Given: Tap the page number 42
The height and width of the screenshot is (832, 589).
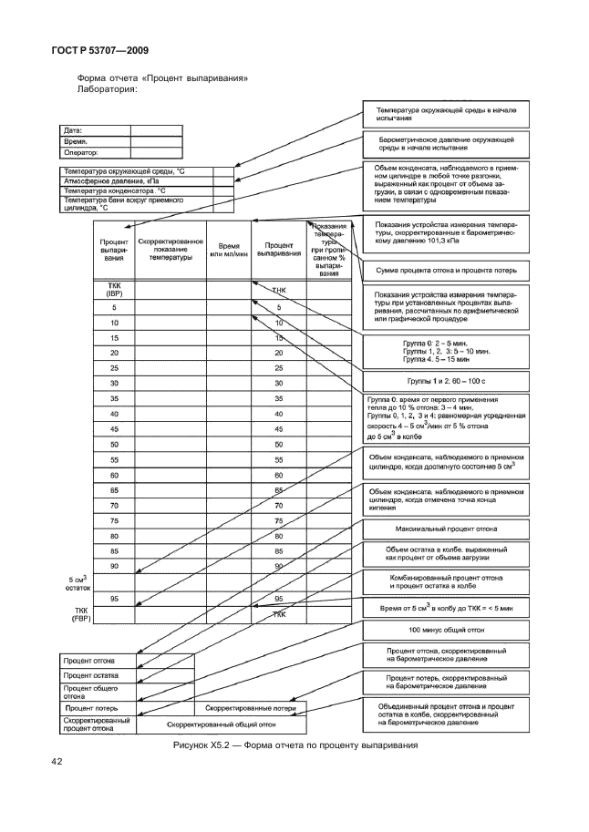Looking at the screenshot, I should tap(58, 761).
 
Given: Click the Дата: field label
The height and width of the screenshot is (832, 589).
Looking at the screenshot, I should tap(72, 128).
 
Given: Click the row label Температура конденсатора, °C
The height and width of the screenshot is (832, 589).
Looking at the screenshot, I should tap(114, 190).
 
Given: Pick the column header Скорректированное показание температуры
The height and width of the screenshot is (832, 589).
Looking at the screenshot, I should tap(170, 251).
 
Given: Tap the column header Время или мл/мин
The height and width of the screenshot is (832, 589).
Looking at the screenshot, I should tap(228, 251).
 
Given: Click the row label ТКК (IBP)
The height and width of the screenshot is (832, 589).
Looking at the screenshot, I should tap(114, 291).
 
